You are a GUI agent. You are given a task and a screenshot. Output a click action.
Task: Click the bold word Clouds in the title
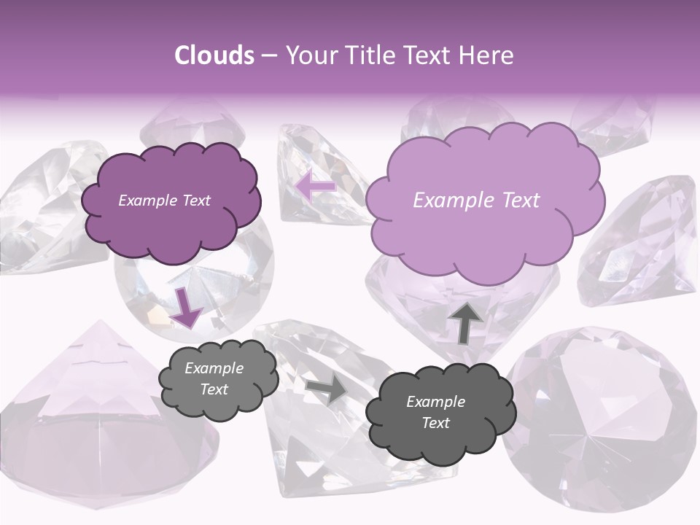pyautogui.click(x=214, y=55)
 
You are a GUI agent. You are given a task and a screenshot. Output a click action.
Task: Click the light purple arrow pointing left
pyautogui.click(x=315, y=186)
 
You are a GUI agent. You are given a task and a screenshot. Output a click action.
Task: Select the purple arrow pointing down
pyautogui.click(x=187, y=308)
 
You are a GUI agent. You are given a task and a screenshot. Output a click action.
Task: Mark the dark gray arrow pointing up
pyautogui.click(x=465, y=323)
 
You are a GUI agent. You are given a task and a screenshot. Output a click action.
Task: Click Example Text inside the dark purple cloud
pyautogui.click(x=164, y=201)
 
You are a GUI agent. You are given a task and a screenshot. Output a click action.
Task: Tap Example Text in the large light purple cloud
pyautogui.click(x=476, y=201)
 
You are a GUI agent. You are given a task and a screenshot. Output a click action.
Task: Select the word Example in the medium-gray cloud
pyautogui.click(x=214, y=368)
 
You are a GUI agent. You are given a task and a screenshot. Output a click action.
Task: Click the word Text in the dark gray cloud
pyautogui.click(x=435, y=423)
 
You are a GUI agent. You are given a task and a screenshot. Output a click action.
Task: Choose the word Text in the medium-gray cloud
pyautogui.click(x=214, y=389)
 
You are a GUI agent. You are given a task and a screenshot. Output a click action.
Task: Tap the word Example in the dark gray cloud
pyautogui.click(x=435, y=402)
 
